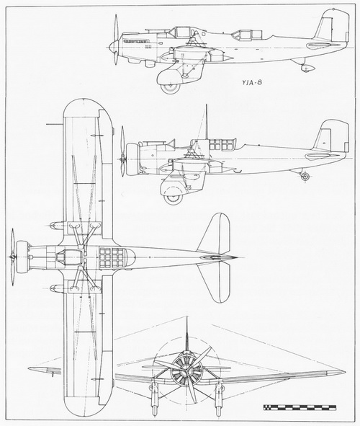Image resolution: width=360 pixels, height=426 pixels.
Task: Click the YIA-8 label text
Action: pyautogui.click(x=252, y=82)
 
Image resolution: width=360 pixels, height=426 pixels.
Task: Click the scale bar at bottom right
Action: pyautogui.click(x=300, y=407)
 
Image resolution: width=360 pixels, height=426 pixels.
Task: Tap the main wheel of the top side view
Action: pyautogui.click(x=170, y=88)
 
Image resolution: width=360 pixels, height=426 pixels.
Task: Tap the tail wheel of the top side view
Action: pyautogui.click(x=307, y=68)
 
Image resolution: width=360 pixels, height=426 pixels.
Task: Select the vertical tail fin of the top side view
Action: pyautogui.click(x=333, y=26)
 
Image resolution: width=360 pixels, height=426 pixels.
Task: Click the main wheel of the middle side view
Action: pyautogui.click(x=173, y=199)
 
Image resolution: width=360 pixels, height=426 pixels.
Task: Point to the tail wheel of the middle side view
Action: pyautogui.click(x=305, y=177)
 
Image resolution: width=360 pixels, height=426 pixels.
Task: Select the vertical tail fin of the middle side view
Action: pyautogui.click(x=333, y=136)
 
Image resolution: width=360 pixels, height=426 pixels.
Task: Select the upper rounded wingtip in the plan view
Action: pyautogui.click(x=87, y=107)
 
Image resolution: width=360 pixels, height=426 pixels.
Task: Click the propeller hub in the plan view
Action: pyautogui.click(x=12, y=257)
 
